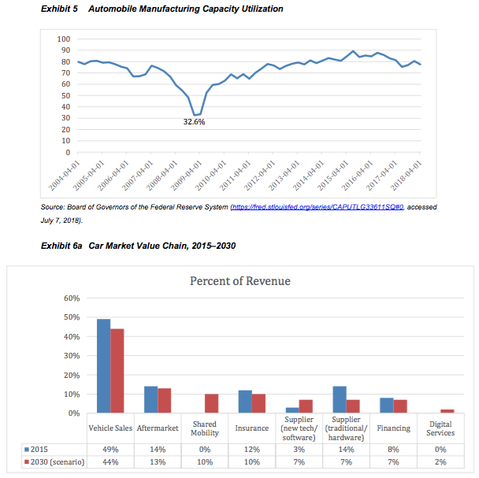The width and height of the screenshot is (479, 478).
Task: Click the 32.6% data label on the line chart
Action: coord(195,122)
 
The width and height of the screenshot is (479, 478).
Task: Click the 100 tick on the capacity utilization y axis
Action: coord(64,39)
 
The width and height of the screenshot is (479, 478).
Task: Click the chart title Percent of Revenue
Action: coord(239,281)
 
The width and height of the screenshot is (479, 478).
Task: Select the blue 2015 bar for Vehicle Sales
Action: coord(103,365)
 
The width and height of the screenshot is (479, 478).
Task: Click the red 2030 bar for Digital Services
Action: coord(447,410)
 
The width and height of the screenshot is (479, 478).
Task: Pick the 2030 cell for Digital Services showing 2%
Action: coord(440,461)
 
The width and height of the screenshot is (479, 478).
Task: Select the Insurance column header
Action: coord(251,428)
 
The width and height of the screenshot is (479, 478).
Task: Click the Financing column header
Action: coord(393,428)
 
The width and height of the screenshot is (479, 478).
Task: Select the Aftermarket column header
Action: coord(158,428)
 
